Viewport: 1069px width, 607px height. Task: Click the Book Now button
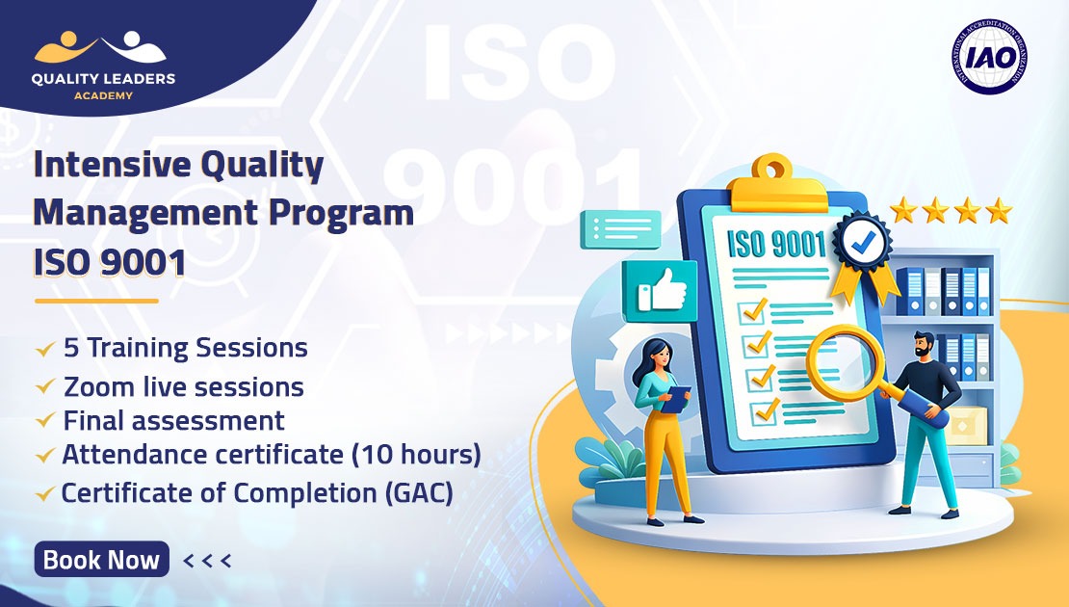click(x=101, y=560)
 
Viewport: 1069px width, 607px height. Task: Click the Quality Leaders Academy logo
click(x=105, y=67)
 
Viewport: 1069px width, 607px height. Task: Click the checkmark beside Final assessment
click(x=44, y=422)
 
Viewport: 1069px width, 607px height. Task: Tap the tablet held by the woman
click(x=678, y=396)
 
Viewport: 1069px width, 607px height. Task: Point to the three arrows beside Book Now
click(x=206, y=560)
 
